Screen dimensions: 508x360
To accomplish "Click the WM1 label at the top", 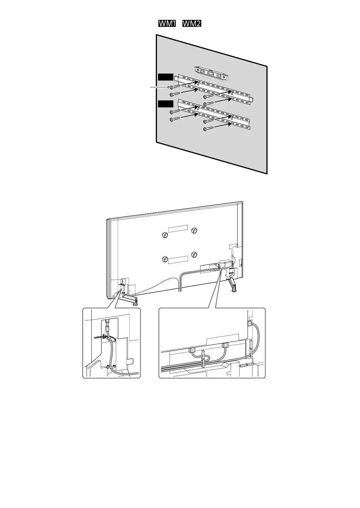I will click(167, 24).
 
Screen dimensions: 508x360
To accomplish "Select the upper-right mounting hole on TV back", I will click(194, 230).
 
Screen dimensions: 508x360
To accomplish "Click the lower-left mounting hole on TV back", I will click(165, 259).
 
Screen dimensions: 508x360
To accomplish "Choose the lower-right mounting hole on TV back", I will click(194, 254).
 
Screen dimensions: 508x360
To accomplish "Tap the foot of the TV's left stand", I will click(135, 303).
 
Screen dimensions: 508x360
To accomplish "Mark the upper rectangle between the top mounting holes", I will click(178, 228).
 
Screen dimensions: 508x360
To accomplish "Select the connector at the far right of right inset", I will click(249, 323).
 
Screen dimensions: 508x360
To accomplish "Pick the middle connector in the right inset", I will click(225, 345).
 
